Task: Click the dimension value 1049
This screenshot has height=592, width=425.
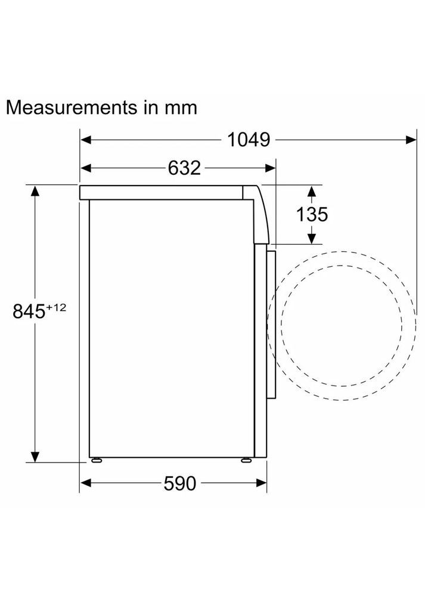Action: (x=249, y=140)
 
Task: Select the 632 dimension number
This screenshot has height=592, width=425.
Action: (x=184, y=168)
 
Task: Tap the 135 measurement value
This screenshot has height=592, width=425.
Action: (x=312, y=214)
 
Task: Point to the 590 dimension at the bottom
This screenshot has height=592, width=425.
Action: (x=179, y=484)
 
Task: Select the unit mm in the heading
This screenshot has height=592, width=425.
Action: (x=180, y=109)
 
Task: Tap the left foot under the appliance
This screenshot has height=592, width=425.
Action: (x=95, y=460)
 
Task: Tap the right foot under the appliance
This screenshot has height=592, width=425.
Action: (x=246, y=460)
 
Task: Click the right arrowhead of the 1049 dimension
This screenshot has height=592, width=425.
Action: (x=411, y=140)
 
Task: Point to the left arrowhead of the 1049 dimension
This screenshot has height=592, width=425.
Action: (x=86, y=140)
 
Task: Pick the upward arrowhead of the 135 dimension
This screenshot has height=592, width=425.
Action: (x=311, y=191)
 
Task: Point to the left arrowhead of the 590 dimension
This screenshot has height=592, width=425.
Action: (x=86, y=483)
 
